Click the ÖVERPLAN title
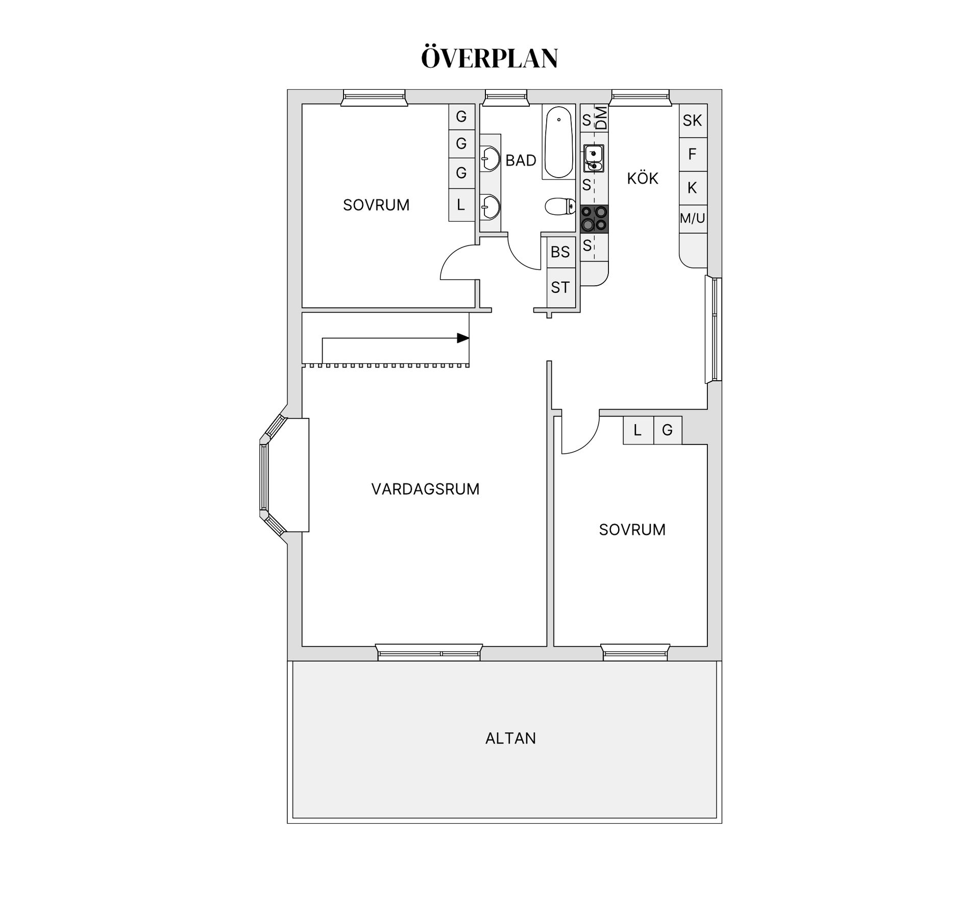tap(489, 58)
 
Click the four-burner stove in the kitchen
tap(594, 218)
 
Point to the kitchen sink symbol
tap(594, 158)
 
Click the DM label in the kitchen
tap(602, 118)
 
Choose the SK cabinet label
tap(692, 120)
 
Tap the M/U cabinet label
tap(692, 218)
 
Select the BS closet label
tap(560, 252)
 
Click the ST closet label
tap(560, 288)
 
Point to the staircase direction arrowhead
tap(463, 338)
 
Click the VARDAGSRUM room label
tap(425, 489)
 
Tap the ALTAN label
tap(510, 738)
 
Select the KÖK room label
tap(643, 179)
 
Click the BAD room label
tap(521, 160)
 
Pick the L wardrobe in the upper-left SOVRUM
tap(461, 205)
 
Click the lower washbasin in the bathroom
tap(491, 207)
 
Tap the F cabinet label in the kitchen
tap(692, 154)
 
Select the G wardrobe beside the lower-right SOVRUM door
tap(667, 430)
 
